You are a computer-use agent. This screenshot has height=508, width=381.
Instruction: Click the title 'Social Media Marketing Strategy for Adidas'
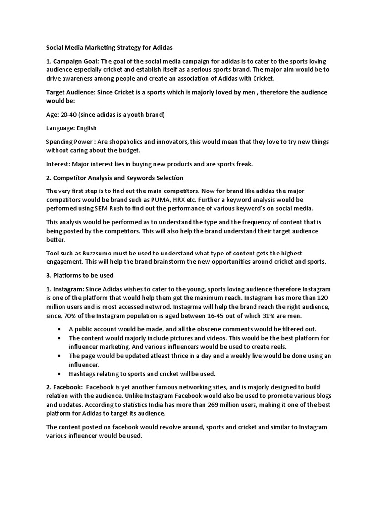tap(109, 48)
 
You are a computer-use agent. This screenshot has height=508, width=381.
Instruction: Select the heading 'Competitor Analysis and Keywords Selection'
tap(118, 178)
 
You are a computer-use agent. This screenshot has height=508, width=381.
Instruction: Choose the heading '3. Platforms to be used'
tap(80, 275)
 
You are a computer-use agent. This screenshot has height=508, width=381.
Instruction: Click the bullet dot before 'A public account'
tap(60, 329)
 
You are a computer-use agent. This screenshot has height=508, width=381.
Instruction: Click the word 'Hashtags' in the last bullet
tap(82, 374)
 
